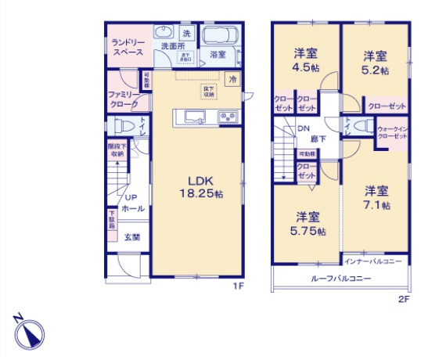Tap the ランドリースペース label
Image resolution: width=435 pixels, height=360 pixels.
click(x=126, y=46)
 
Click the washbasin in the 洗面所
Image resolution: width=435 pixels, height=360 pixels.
click(x=164, y=33)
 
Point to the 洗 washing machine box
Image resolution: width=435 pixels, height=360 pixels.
click(x=186, y=33)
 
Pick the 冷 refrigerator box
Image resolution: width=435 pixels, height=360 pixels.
click(x=232, y=78)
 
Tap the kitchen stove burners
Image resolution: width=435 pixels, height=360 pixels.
click(x=228, y=117)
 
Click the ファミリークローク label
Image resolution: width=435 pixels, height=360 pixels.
click(x=123, y=99)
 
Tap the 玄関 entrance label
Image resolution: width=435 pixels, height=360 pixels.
click(x=131, y=237)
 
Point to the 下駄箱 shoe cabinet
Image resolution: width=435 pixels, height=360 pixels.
click(x=112, y=220)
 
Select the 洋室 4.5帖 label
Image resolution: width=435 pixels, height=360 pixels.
click(x=306, y=60)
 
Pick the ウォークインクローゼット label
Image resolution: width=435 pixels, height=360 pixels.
click(x=392, y=132)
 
